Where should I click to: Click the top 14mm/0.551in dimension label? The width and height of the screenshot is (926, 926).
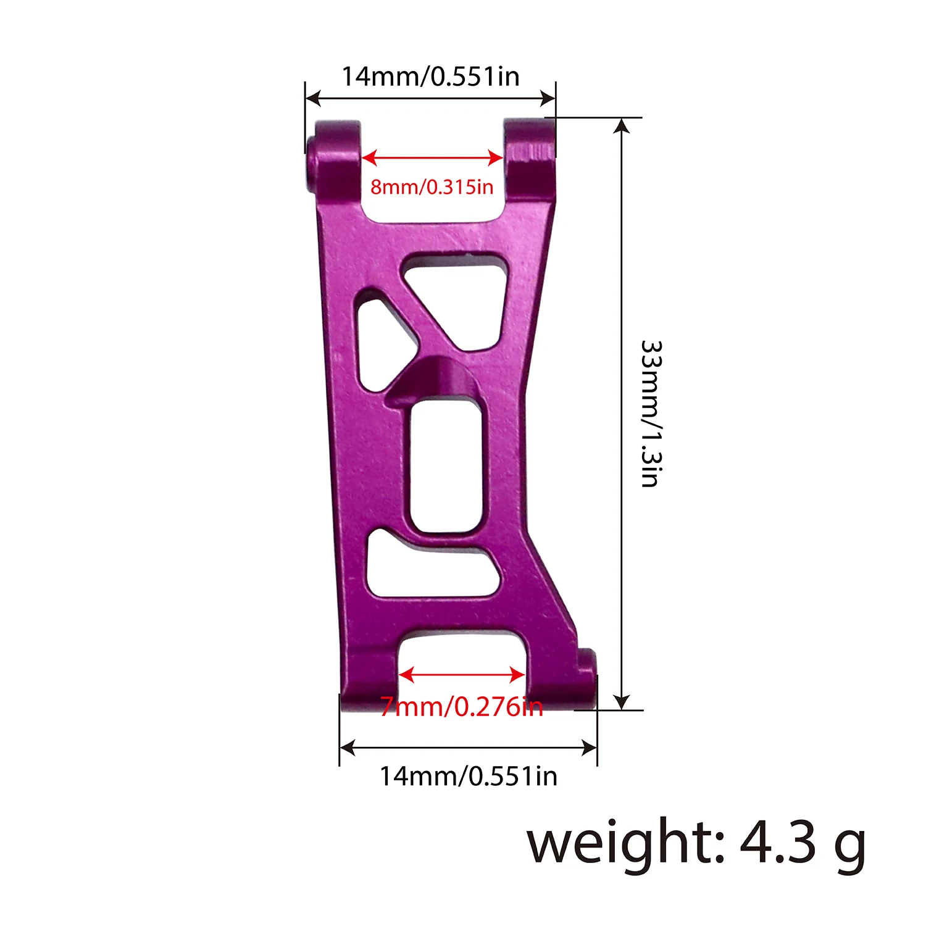coord(430,77)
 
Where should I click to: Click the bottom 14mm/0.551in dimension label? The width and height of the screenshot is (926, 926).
coord(468,776)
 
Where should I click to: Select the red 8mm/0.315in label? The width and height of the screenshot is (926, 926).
coord(432,186)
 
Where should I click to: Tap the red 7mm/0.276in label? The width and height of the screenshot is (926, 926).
coord(461,706)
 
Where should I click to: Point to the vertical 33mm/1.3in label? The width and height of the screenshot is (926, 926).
coord(651,413)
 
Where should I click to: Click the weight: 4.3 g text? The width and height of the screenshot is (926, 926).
coord(696,843)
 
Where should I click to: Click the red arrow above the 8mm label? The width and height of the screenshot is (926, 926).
coord(432,158)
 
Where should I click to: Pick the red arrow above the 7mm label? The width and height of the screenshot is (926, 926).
coord(462,675)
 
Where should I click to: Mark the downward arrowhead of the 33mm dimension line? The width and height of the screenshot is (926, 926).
coord(622,703)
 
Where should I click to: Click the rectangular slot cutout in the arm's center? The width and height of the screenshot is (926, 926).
coord(444,466)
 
